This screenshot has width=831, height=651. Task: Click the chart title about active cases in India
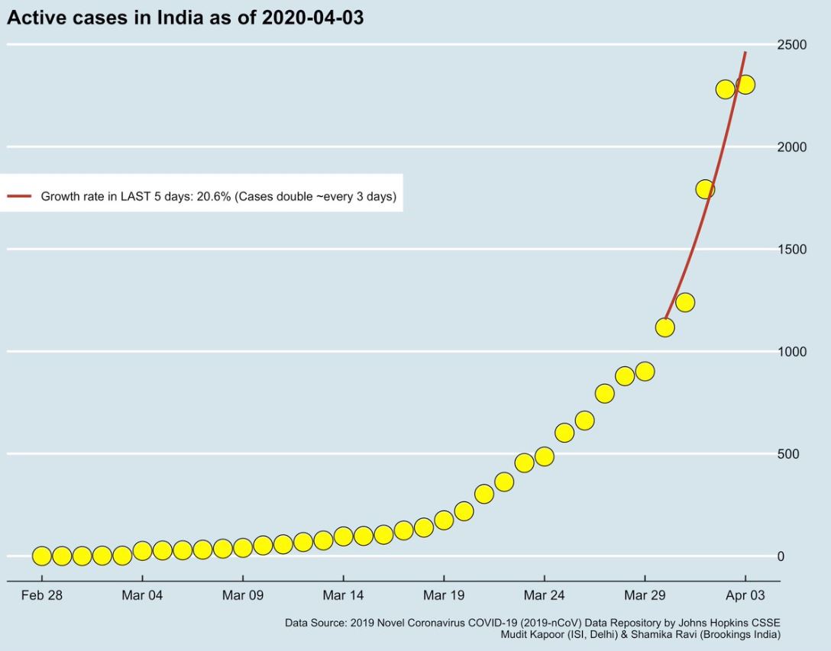(x=185, y=18)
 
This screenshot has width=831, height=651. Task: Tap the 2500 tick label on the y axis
(x=792, y=44)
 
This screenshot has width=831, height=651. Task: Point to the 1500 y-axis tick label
(x=792, y=250)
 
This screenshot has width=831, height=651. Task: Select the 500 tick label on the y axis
(x=788, y=454)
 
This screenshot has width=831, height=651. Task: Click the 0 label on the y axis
(x=781, y=556)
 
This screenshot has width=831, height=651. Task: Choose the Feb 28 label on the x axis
(x=42, y=595)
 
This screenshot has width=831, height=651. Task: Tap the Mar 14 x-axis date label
(x=344, y=595)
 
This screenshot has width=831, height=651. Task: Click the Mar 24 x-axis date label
(x=545, y=595)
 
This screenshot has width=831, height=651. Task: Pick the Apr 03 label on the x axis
(x=745, y=595)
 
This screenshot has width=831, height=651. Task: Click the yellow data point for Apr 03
(x=745, y=85)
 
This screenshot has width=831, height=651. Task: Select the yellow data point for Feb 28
(x=42, y=556)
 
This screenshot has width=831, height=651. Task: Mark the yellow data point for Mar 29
(x=645, y=372)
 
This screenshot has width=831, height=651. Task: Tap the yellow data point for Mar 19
(x=444, y=520)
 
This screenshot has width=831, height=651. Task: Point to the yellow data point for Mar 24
(x=545, y=456)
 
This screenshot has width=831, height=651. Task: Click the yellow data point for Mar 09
(x=243, y=548)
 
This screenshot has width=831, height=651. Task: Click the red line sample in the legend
(x=19, y=196)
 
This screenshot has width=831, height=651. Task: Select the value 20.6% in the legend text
(x=214, y=196)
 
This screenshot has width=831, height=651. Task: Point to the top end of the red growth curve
(x=745, y=52)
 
